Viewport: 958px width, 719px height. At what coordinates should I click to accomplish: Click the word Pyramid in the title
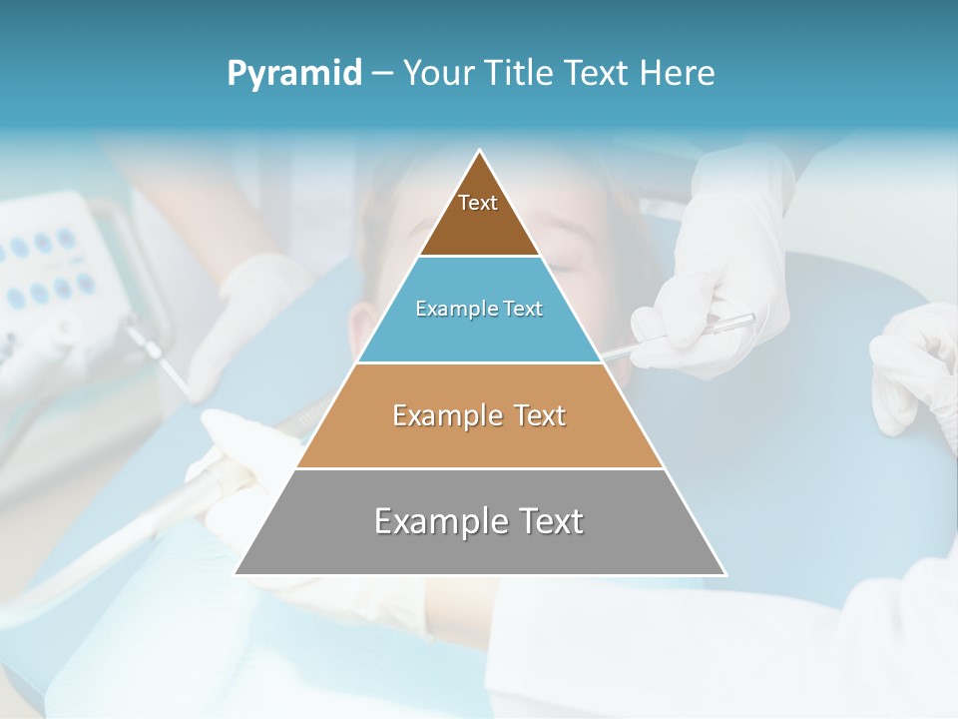point(294,74)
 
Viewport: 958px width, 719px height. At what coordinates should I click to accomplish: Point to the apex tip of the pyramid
point(480,152)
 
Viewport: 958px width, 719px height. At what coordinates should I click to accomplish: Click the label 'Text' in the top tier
point(478,204)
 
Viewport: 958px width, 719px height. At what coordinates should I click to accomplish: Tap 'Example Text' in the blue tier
point(479,310)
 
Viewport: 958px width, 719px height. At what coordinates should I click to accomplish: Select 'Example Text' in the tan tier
point(479,415)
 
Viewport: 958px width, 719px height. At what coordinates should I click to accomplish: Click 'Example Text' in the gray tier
point(479,521)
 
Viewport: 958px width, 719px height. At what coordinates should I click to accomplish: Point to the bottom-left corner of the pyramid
point(236,574)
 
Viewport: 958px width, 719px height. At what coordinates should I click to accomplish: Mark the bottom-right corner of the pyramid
point(725,574)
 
